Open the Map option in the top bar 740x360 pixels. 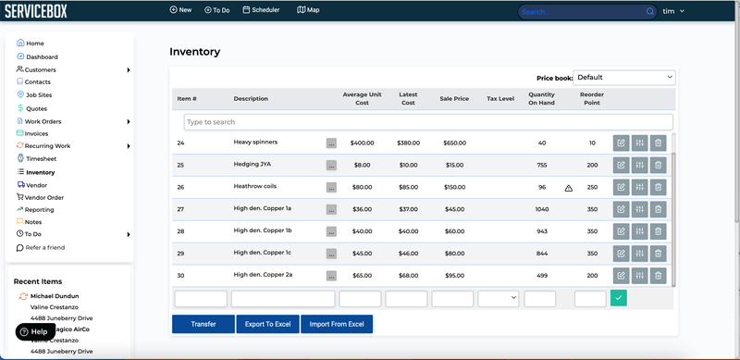click(308, 10)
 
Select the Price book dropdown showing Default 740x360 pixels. click(624, 78)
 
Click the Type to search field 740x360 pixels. click(428, 122)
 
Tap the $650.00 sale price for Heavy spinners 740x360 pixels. click(454, 143)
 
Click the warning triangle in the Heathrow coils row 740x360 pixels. click(569, 188)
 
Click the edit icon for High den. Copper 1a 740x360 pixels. click(621, 209)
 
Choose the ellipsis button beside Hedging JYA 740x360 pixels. click(331, 166)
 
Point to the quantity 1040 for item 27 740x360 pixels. click(541, 209)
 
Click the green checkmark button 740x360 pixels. click(618, 298)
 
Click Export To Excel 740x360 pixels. click(267, 324)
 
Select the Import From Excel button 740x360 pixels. click(337, 324)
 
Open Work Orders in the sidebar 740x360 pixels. click(43, 121)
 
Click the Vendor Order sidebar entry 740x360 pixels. click(44, 197)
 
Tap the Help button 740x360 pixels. click(34, 331)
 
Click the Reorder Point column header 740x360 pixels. click(592, 98)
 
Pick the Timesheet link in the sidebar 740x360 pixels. click(40, 159)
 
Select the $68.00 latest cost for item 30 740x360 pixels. click(408, 275)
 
